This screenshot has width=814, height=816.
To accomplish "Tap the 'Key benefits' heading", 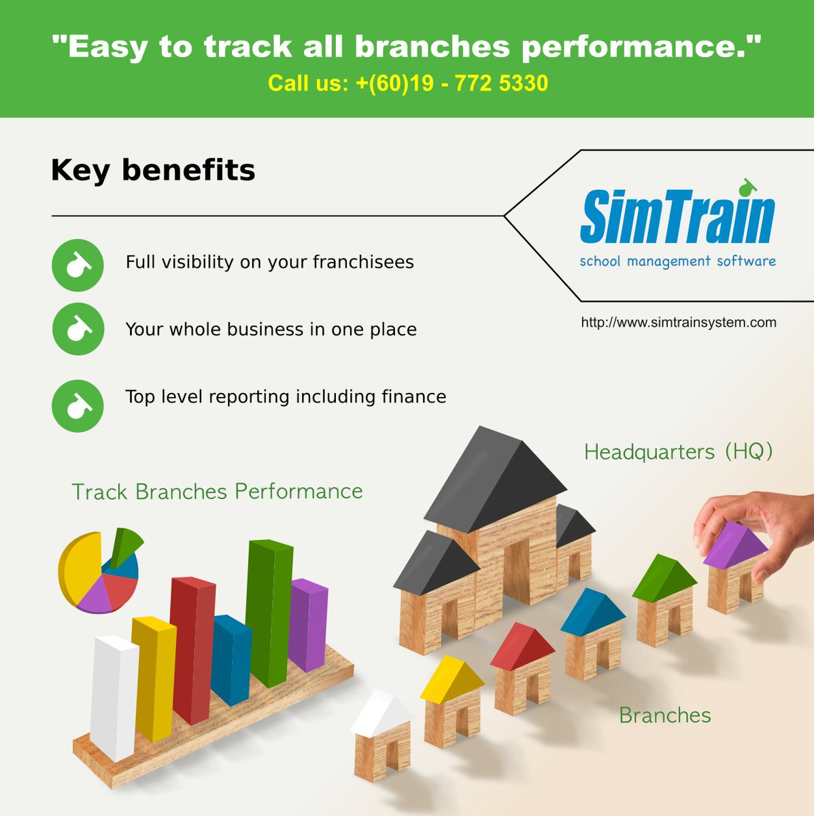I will (153, 170).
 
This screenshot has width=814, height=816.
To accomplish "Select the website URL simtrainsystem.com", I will (678, 322).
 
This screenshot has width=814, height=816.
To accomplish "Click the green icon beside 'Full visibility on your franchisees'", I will (78, 265).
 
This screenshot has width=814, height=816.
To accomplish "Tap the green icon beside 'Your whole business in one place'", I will (78, 329).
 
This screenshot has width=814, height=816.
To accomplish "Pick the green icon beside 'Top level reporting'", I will (78, 406).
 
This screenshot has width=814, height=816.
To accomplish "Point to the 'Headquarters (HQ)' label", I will (678, 452).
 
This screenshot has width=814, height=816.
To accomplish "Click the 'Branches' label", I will (664, 715).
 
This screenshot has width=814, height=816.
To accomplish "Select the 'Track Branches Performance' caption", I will (217, 492).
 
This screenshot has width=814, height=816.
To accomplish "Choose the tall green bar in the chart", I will (269, 612).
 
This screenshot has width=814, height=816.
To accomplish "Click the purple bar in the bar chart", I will (307, 624).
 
